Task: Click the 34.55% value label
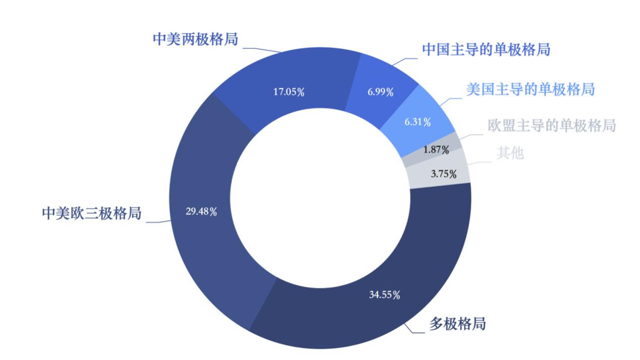tap(384, 295)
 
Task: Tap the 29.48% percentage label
tap(201, 212)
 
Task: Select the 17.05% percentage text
tap(288, 92)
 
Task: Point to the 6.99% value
tap(380, 92)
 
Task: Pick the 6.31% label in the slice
tap(418, 122)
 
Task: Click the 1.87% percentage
tap(436, 150)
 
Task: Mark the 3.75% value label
tap(444, 174)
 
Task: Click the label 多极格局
tap(457, 324)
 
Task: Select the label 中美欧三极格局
tap(91, 214)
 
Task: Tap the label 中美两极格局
tap(195, 39)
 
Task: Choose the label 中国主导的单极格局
tap(486, 49)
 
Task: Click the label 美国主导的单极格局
tap(530, 89)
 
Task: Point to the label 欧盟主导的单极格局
tap(552, 125)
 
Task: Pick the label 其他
tap(510, 153)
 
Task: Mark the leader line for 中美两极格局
tap(262, 49)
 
